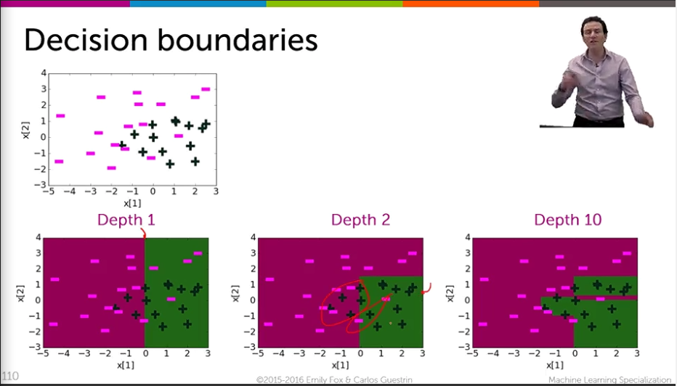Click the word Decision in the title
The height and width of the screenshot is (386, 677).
[86, 40]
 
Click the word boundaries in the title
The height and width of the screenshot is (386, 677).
[238, 40]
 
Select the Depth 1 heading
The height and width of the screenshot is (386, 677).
[126, 220]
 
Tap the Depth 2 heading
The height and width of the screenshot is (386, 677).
[360, 220]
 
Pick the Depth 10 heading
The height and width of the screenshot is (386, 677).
[568, 220]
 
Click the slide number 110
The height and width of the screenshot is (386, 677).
[9, 376]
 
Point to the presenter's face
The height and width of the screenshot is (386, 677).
[594, 31]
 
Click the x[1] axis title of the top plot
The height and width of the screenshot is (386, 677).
[132, 203]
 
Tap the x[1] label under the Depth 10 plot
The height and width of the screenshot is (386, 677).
[555, 365]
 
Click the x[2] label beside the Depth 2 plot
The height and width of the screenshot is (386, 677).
[235, 293]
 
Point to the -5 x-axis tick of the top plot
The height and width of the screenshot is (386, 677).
[49, 191]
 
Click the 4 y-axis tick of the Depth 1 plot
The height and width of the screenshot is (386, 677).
[38, 237]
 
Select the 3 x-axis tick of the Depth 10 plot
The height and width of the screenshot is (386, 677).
[637, 353]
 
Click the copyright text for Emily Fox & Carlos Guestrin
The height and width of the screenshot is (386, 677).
[333, 380]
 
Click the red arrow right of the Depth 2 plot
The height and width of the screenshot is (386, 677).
[426, 289]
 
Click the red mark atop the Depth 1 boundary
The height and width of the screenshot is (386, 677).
[145, 234]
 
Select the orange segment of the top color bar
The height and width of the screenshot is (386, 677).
[471, 4]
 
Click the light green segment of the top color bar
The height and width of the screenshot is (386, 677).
[335, 4]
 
